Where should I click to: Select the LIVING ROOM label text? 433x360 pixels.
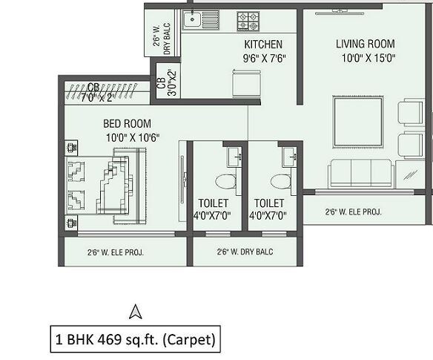(x=366, y=44)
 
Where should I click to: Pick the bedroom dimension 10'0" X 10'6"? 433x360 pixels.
(x=131, y=137)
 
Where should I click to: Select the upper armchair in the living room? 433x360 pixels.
(x=410, y=113)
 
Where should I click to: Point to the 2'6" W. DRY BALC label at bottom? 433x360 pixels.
(x=245, y=252)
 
